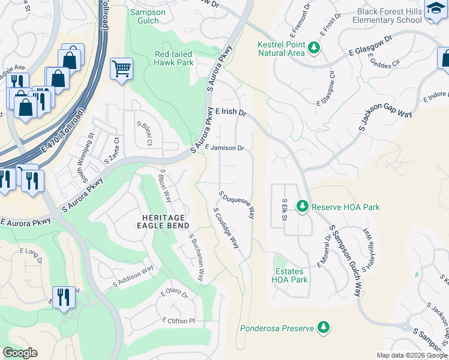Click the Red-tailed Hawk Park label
click(x=173, y=58)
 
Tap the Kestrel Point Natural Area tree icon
click(x=313, y=47)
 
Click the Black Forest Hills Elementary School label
click(x=388, y=16)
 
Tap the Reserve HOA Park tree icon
click(x=303, y=207)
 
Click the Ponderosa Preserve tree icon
click(x=324, y=328)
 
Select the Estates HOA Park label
click(x=289, y=275)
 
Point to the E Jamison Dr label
click(x=224, y=148)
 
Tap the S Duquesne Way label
click(x=238, y=205)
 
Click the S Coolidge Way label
click(x=226, y=229)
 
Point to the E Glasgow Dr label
click(x=371, y=47)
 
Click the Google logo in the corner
click(x=20, y=353)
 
